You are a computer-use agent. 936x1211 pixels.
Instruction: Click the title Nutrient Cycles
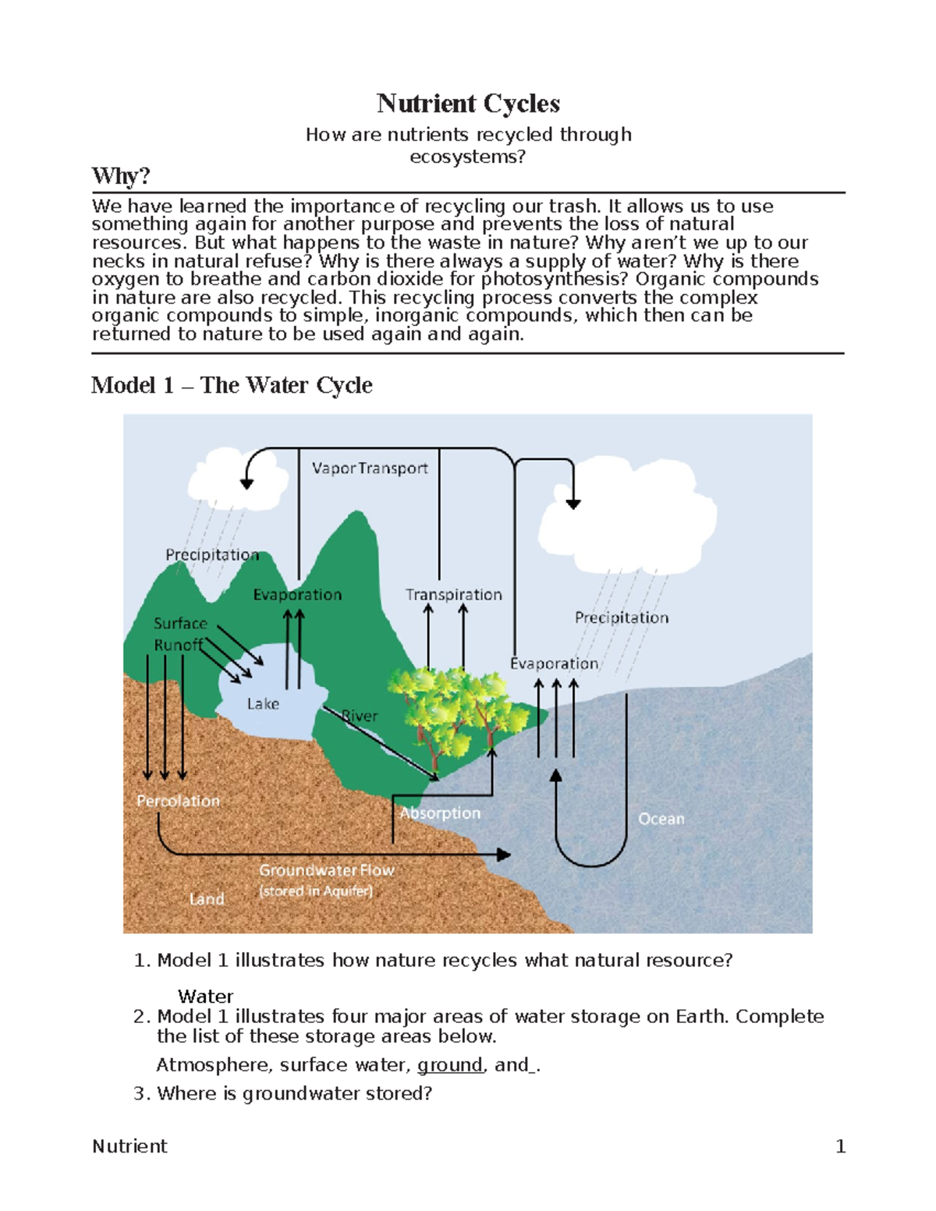468,104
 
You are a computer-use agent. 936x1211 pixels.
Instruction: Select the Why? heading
120,176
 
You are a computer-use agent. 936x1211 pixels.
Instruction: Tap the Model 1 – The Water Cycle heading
232,385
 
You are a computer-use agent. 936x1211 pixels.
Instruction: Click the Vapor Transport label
370,468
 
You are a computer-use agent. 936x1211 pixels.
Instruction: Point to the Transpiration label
454,594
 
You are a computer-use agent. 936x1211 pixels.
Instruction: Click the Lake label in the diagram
263,703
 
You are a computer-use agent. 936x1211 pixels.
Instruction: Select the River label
360,716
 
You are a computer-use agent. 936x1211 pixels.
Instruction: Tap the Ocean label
661,819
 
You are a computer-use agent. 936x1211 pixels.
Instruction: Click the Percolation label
179,801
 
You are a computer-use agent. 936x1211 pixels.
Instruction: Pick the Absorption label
440,813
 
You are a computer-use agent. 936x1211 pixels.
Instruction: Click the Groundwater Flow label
327,869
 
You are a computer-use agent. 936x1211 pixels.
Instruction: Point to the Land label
207,899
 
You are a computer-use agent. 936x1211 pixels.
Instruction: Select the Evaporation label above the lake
297,594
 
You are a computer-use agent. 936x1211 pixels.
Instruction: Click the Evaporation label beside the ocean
554,664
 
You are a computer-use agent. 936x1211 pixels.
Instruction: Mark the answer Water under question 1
205,997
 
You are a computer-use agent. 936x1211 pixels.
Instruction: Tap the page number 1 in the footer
840,1146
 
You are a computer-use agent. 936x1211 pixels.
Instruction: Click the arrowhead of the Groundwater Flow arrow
504,855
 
